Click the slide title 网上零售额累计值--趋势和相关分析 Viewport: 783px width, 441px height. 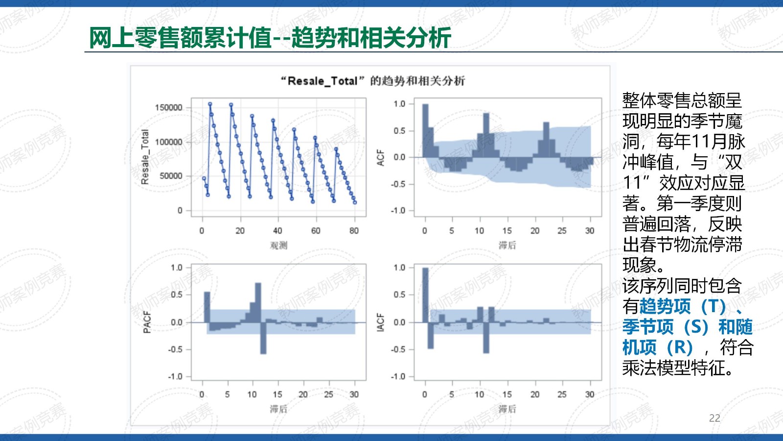(x=270, y=37)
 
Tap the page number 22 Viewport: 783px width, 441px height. (x=714, y=418)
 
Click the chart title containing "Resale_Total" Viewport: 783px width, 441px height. (x=372, y=81)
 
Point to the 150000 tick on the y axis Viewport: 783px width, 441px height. (x=168, y=108)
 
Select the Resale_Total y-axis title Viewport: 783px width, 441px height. (x=145, y=157)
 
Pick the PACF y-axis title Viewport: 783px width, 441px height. (x=147, y=322)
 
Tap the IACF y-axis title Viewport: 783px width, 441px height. (x=380, y=322)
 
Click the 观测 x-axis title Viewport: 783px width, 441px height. (x=278, y=245)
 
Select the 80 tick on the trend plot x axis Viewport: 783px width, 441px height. (x=354, y=231)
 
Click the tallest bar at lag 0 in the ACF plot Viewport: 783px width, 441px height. (x=425, y=130)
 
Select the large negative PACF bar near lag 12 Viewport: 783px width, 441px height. (x=263, y=338)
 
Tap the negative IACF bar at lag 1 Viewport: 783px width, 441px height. (x=431, y=335)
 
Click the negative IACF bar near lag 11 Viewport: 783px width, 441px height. (x=486, y=338)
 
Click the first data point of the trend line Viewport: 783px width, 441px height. (x=204, y=178)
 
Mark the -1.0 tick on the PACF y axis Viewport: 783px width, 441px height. (x=176, y=377)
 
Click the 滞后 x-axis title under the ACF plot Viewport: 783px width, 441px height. (x=507, y=245)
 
